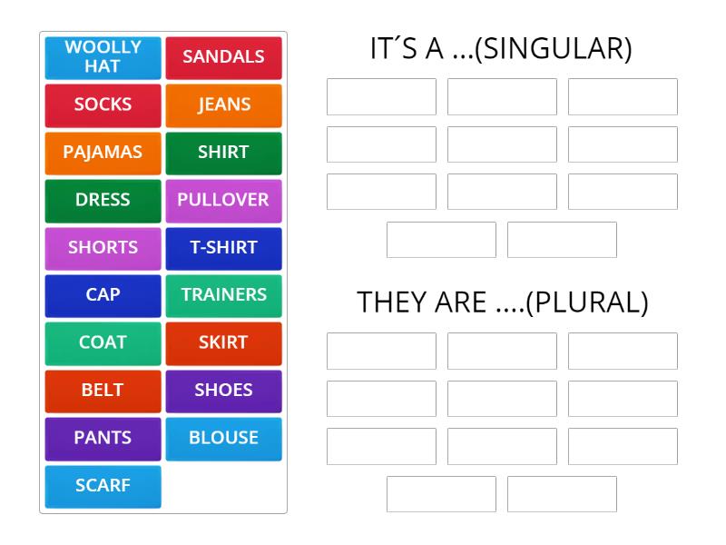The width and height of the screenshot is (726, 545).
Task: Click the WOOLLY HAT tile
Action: [103, 57]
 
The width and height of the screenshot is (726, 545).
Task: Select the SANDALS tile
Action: [223, 57]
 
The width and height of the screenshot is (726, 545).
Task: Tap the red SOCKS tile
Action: [103, 104]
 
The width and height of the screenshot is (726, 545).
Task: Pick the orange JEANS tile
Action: [223, 104]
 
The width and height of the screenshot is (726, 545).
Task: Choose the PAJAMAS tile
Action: [103, 153]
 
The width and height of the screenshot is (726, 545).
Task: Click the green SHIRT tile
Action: [223, 153]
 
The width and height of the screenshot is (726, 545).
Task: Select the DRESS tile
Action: [103, 200]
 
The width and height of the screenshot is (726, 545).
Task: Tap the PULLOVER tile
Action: [223, 200]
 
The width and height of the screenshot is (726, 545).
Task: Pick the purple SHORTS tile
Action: [103, 247]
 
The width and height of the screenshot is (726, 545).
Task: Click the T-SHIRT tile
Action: [223, 247]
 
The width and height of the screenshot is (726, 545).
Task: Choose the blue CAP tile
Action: [103, 295]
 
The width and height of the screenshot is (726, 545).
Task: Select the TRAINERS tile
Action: [223, 295]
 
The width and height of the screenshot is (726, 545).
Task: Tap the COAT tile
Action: [103, 342]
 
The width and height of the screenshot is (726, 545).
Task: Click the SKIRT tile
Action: [223, 342]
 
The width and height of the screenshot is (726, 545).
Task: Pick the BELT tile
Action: [103, 391]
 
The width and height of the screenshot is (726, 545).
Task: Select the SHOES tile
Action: [223, 391]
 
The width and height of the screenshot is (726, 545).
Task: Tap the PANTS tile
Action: [103, 438]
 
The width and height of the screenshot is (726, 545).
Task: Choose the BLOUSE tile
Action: [223, 438]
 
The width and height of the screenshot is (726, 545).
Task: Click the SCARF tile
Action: [103, 486]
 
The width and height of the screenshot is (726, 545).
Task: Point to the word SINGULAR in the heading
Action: [553, 49]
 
